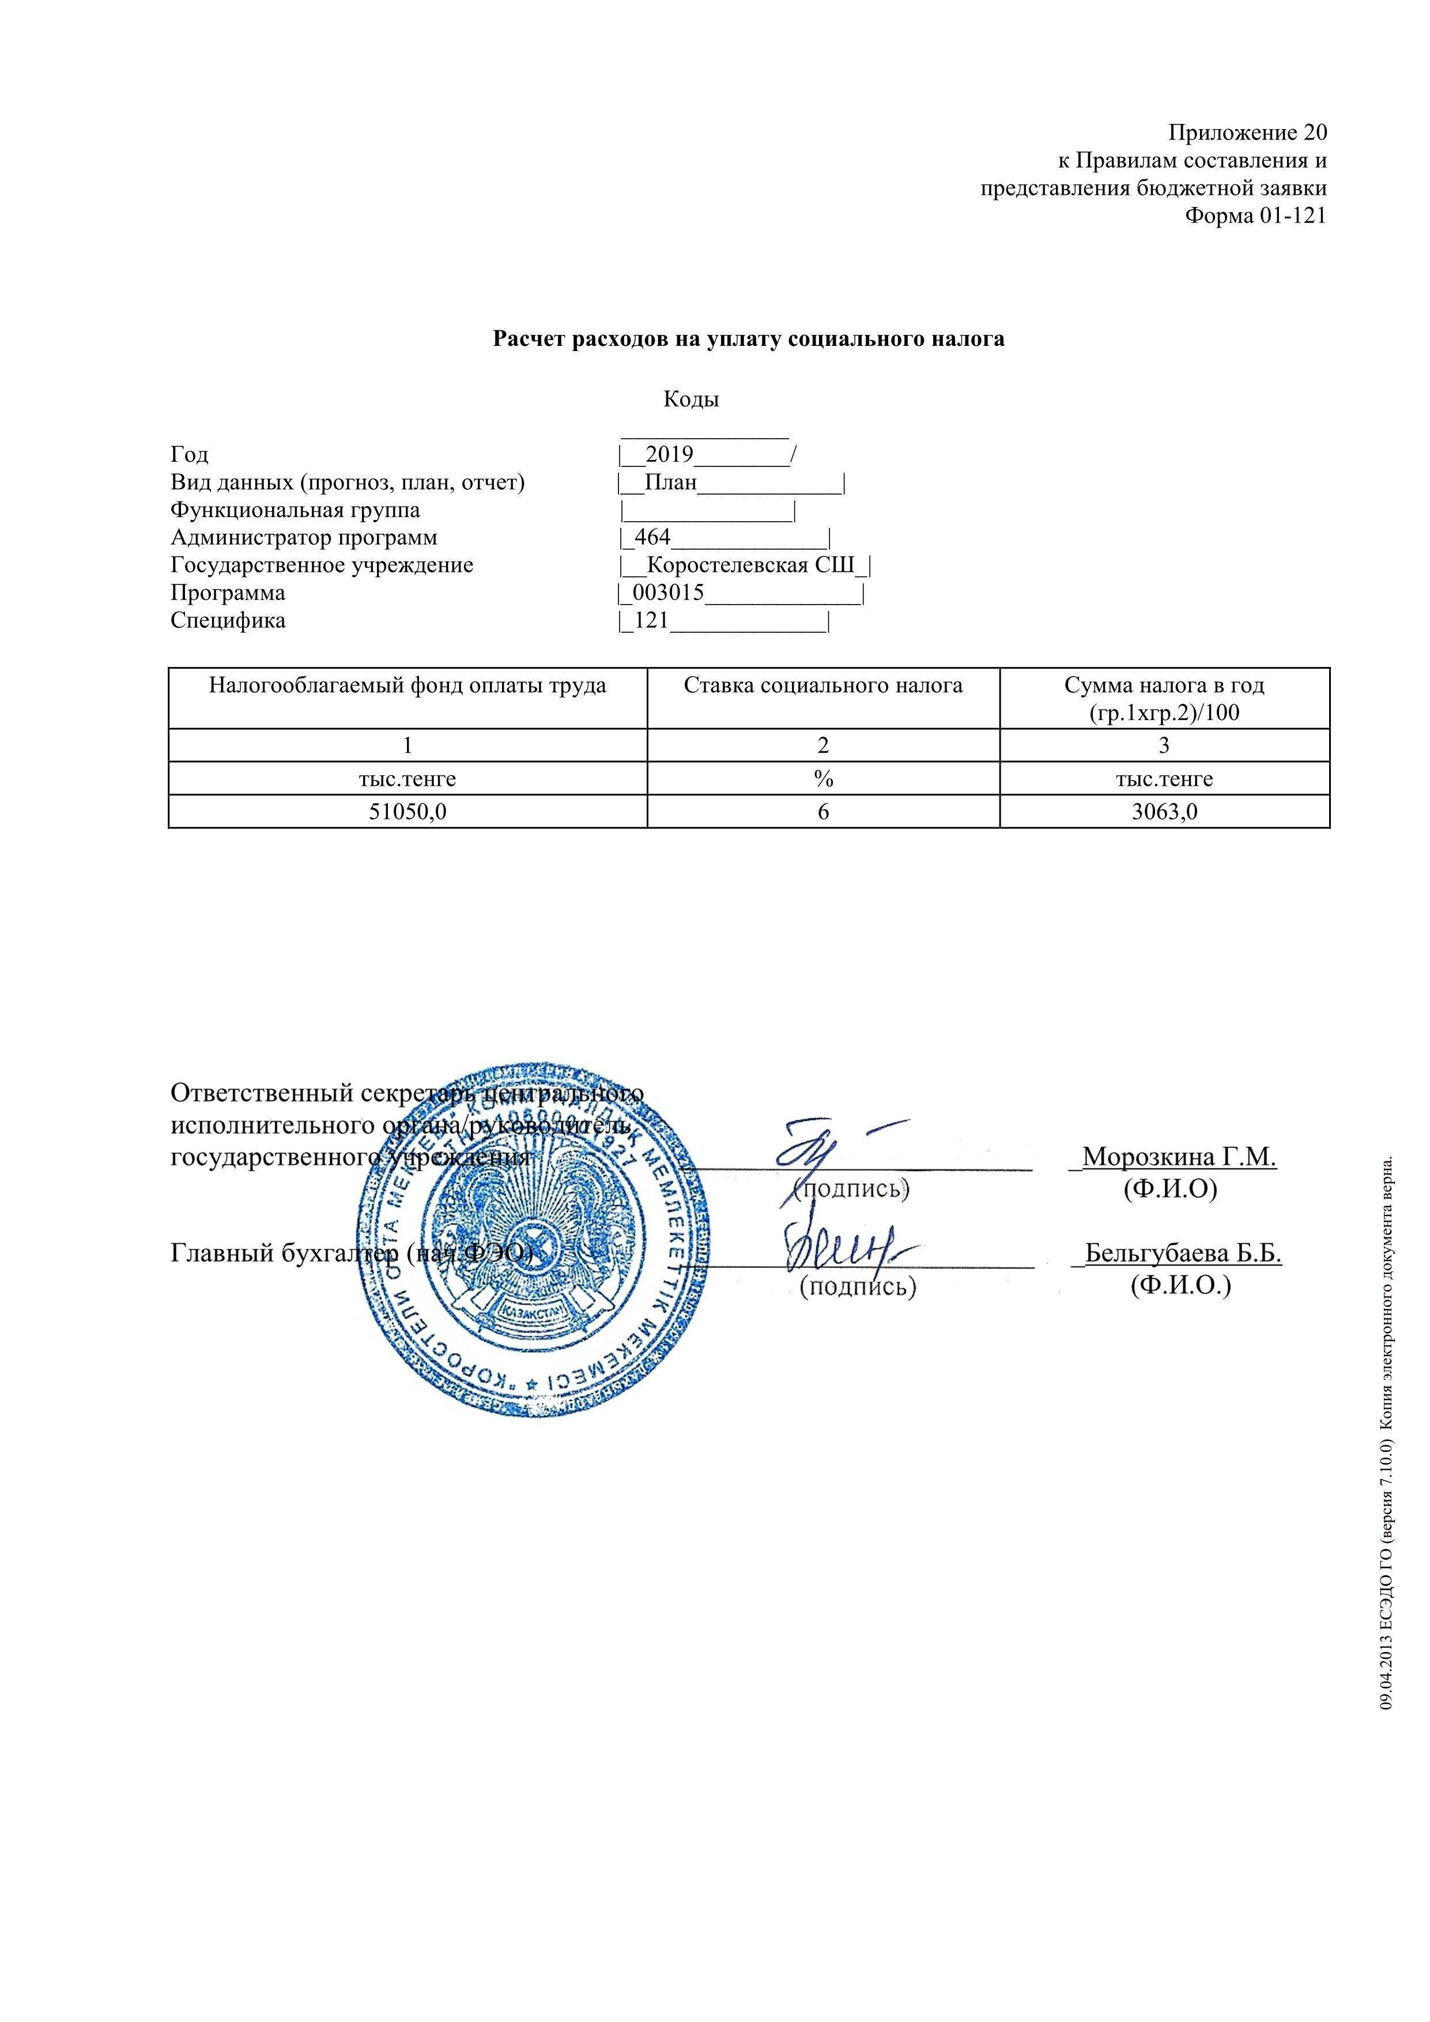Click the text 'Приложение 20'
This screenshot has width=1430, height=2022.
tap(1247, 133)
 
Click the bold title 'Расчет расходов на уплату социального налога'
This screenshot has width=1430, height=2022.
tap(749, 339)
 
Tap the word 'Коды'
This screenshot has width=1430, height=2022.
tap(691, 400)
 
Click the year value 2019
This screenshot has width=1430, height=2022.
tap(669, 455)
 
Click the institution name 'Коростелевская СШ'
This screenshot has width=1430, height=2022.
tap(751, 565)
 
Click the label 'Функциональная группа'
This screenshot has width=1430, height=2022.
tap(295, 511)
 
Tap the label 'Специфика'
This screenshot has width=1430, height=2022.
tap(228, 621)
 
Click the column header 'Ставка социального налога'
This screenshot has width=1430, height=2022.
tap(822, 686)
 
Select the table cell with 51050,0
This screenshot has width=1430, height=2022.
tap(407, 812)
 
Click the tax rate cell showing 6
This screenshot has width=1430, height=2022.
tap(823, 812)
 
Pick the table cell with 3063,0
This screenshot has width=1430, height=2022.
tap(1164, 812)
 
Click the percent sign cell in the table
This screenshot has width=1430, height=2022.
tap(823, 779)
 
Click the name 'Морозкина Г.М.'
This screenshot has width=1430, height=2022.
tap(1179, 1157)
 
